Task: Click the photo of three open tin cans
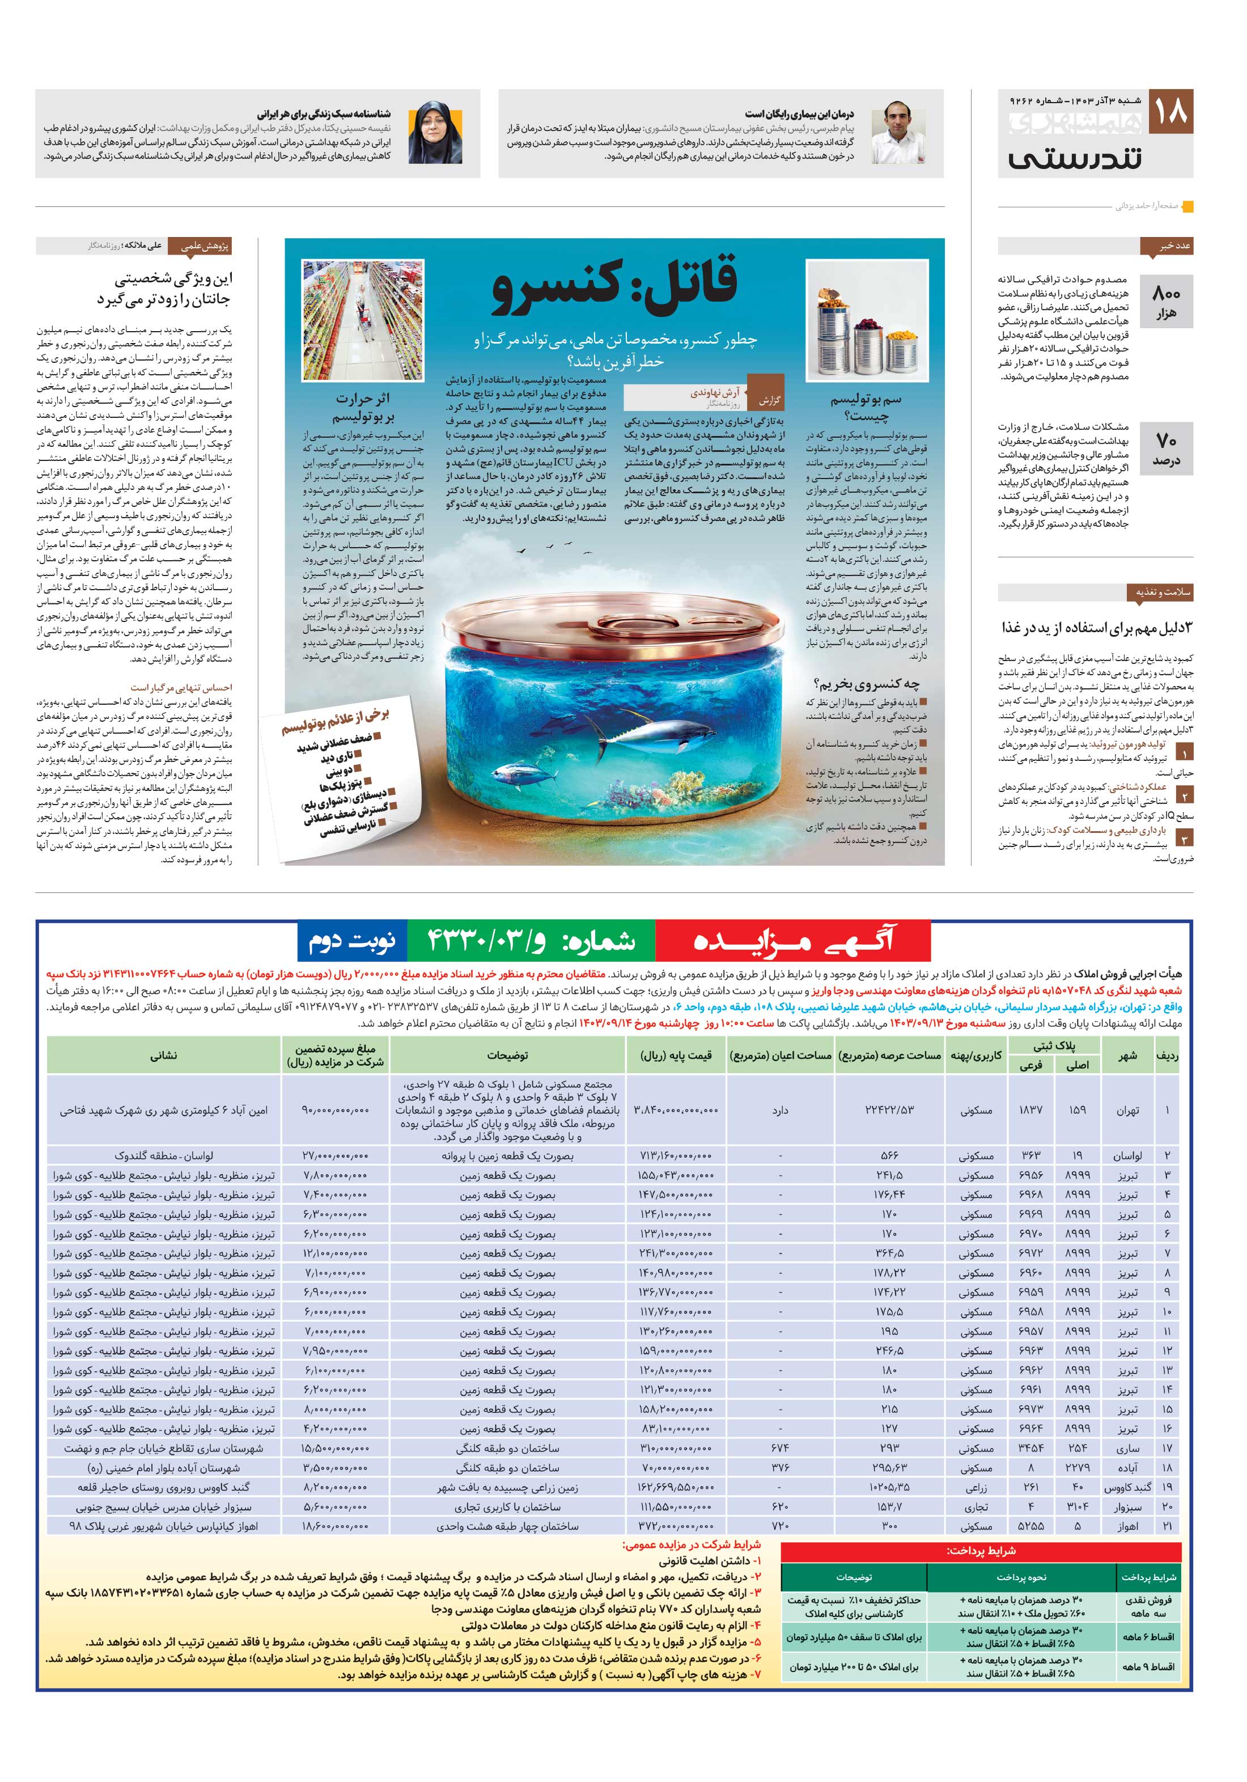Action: click(x=866, y=319)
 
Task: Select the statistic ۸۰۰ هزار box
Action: click(x=1167, y=301)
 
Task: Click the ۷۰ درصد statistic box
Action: click(x=1167, y=448)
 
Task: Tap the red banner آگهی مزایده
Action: click(x=792, y=941)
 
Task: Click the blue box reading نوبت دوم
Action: click(x=353, y=941)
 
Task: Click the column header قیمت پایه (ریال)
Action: click(x=675, y=1056)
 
